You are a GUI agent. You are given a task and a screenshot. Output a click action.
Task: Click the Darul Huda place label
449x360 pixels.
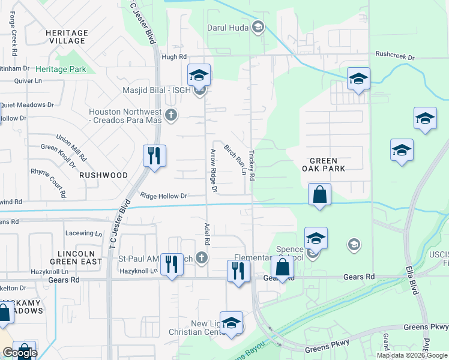pyautogui.click(x=228, y=27)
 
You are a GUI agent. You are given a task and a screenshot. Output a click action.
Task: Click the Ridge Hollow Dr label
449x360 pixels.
pyautogui.click(x=164, y=196)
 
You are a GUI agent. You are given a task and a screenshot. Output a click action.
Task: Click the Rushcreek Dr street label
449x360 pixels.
pyautogui.click(x=395, y=56)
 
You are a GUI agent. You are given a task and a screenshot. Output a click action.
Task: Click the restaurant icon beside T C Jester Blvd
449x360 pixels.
pyautogui.click(x=154, y=157)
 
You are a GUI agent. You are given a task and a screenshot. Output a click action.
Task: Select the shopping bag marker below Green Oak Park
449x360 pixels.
pyautogui.click(x=319, y=194)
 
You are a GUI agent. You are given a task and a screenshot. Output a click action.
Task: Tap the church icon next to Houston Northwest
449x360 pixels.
pyautogui.click(x=171, y=115)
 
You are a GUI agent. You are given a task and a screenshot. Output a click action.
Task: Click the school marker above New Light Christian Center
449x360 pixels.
pyautogui.click(x=231, y=323)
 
